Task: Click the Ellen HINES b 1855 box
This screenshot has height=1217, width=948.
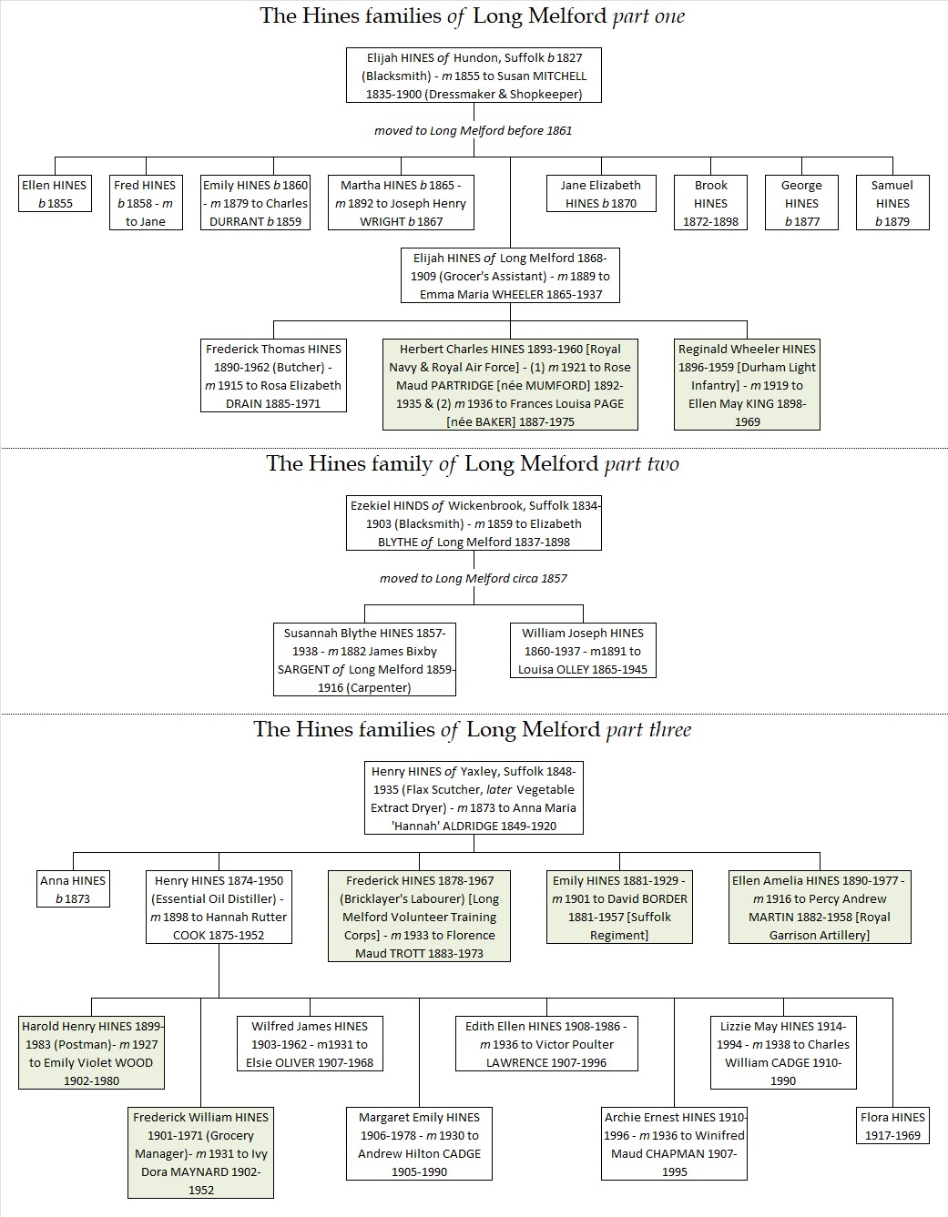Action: tap(55, 193)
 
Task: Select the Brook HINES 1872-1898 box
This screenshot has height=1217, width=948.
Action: tap(710, 202)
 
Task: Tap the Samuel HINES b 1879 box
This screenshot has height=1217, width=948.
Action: tap(892, 202)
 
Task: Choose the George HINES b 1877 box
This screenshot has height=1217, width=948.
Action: tap(801, 202)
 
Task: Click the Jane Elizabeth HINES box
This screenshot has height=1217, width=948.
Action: tap(601, 193)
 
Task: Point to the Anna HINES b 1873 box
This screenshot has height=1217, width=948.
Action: tap(73, 888)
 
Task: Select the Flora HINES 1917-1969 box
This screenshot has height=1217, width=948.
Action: tap(892, 1125)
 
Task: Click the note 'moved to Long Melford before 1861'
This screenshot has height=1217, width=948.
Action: tap(474, 130)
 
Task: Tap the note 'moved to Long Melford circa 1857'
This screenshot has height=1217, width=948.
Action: tap(474, 578)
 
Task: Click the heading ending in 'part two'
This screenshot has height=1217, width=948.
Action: tap(473, 463)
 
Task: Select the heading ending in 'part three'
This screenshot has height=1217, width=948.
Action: tap(473, 729)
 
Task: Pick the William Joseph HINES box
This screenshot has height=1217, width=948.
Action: tap(583, 651)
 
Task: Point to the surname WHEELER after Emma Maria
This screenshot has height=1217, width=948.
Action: tap(517, 295)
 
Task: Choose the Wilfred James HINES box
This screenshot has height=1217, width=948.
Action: tap(310, 1044)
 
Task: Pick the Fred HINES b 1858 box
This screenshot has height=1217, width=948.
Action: tap(146, 202)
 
